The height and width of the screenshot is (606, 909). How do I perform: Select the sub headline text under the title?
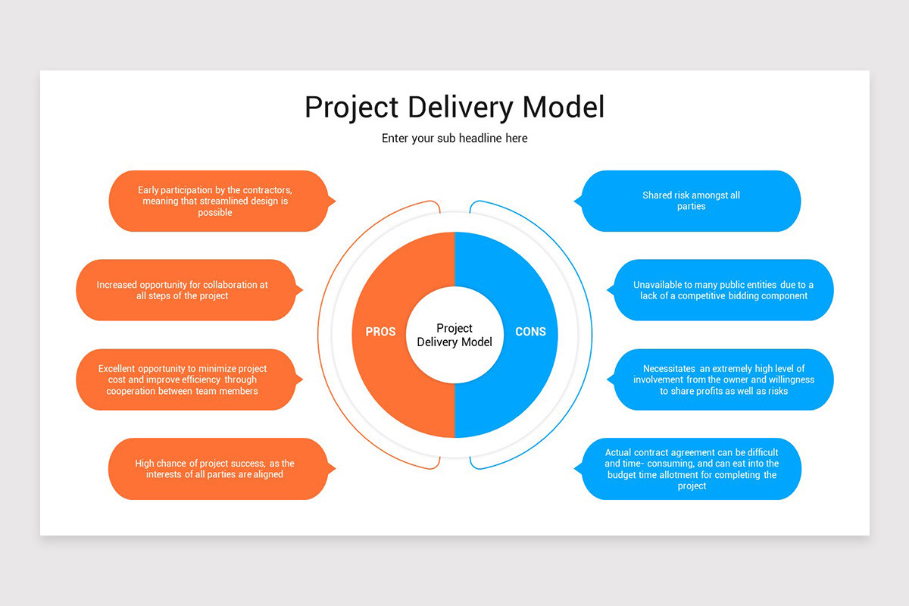click(x=454, y=139)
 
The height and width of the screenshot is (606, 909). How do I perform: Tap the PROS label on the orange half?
click(x=380, y=332)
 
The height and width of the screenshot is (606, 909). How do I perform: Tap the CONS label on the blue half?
click(x=530, y=332)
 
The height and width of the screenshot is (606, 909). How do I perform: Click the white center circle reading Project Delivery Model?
click(x=454, y=335)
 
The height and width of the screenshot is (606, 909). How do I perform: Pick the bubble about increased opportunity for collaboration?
click(x=185, y=290)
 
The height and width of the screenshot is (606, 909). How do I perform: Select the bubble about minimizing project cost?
click(x=185, y=380)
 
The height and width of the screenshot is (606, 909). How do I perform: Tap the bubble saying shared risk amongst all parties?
click(x=691, y=201)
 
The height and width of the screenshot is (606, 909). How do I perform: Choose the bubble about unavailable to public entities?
click(x=723, y=290)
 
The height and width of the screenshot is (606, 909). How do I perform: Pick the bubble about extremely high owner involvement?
click(x=723, y=380)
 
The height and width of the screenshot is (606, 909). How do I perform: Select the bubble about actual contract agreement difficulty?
click(x=691, y=469)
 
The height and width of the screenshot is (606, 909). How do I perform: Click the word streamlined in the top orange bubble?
click(x=228, y=201)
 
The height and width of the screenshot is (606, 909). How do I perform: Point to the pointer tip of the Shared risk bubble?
click(x=575, y=201)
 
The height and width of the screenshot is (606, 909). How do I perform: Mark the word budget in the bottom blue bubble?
click(x=623, y=475)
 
